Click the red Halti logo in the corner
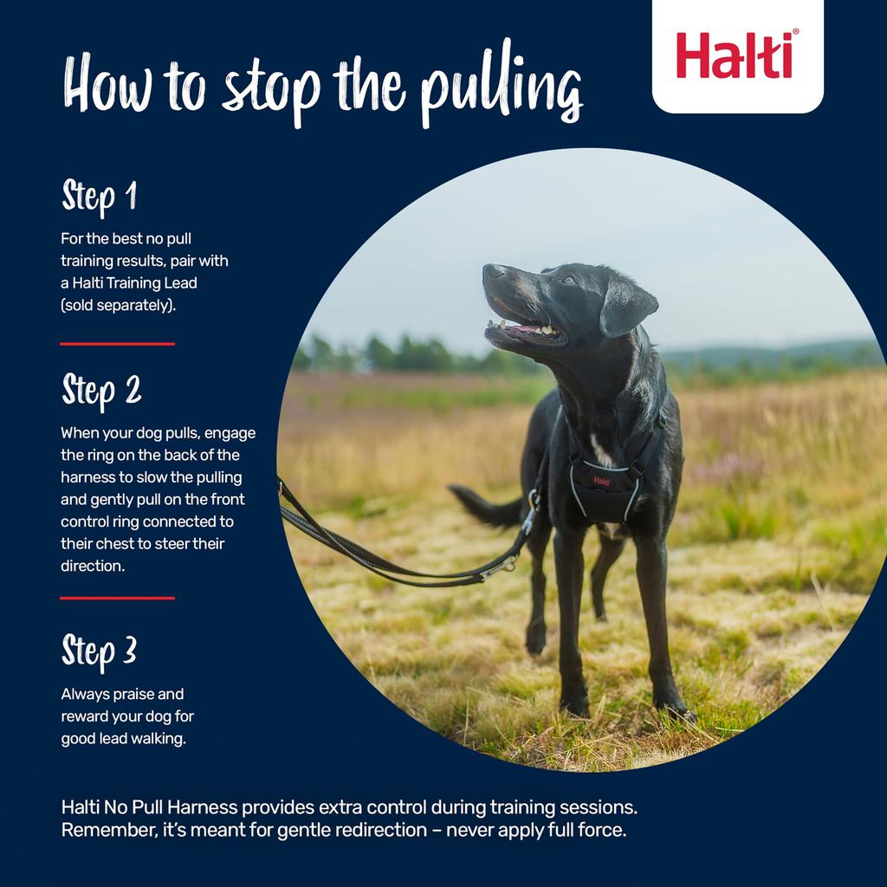(x=737, y=55)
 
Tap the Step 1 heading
(x=99, y=197)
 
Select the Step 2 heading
(x=101, y=391)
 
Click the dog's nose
(x=493, y=271)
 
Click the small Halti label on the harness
(x=601, y=481)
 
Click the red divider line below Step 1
(x=117, y=344)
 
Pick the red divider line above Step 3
(x=117, y=598)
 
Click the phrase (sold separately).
(x=118, y=306)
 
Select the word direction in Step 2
(x=91, y=565)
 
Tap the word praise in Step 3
(x=133, y=694)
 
